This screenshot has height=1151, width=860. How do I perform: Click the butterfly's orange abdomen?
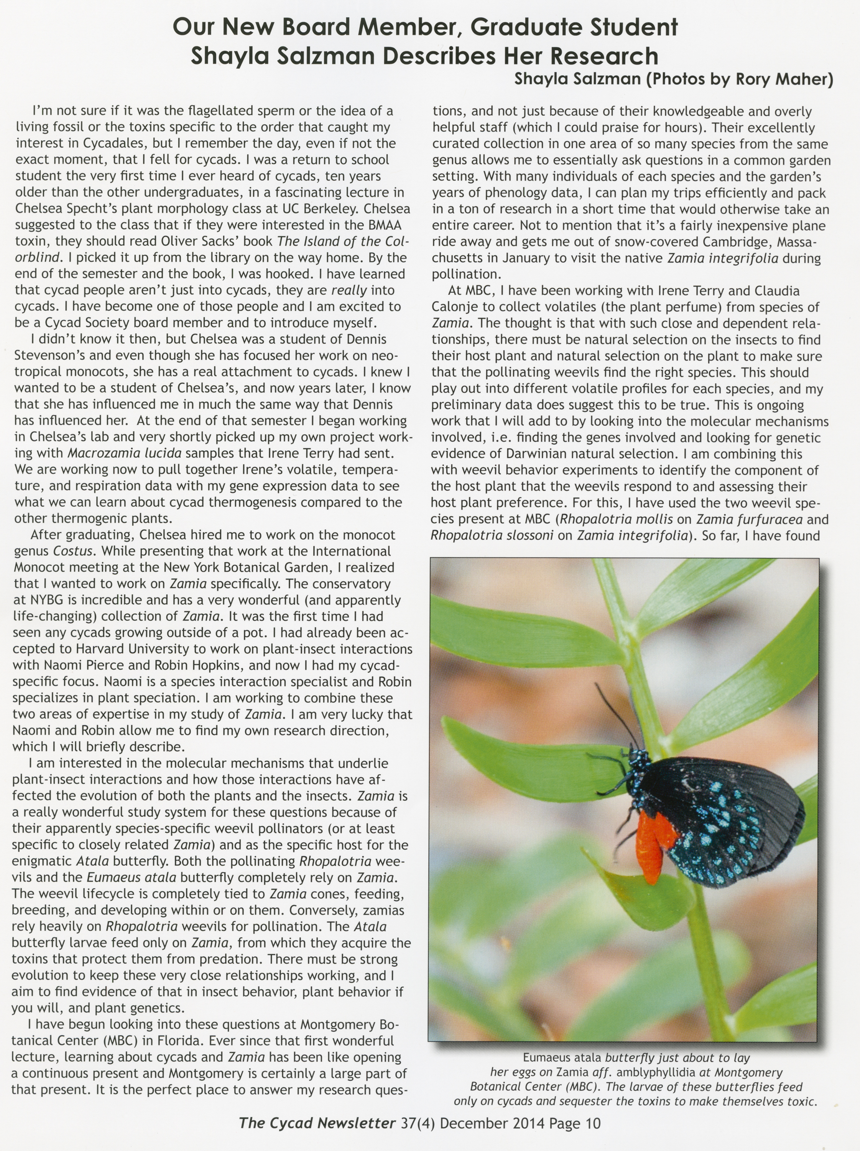[650, 847]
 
